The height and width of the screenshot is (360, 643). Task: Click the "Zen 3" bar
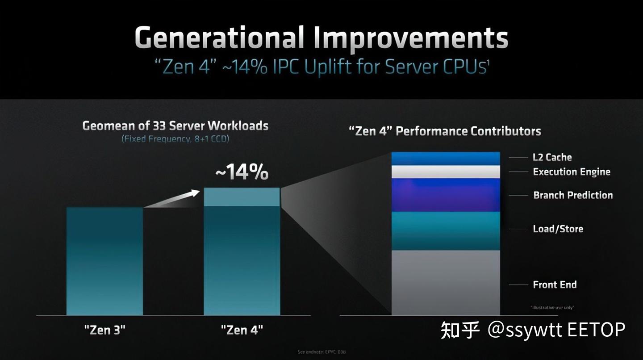tap(104, 261)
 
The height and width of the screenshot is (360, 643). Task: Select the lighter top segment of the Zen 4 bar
tap(242, 197)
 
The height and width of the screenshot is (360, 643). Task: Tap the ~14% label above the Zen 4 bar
tap(242, 173)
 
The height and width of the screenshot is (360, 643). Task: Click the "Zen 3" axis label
tap(104, 331)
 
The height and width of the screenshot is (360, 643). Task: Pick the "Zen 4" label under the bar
tap(242, 331)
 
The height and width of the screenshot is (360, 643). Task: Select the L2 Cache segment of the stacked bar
tap(446, 159)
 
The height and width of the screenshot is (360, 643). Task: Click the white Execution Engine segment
tap(446, 172)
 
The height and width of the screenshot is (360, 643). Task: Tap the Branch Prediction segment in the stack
tap(446, 195)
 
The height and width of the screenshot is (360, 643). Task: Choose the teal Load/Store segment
tap(446, 230)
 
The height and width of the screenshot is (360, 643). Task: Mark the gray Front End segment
tap(446, 282)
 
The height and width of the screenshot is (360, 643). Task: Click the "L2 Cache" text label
tap(552, 157)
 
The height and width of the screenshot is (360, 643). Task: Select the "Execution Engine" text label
tap(572, 172)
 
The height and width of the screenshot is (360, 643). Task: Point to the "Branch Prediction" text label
tap(573, 195)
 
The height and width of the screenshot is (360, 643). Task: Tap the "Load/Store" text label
tap(558, 229)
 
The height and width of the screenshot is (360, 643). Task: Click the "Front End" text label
tap(555, 285)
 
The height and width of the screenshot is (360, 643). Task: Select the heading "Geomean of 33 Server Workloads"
tap(175, 126)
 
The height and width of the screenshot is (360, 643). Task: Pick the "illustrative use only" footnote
tap(552, 308)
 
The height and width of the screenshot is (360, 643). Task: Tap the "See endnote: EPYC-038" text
tap(321, 352)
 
